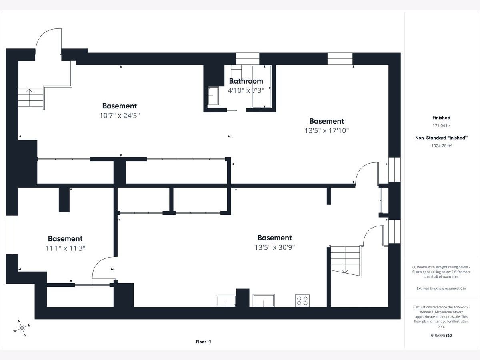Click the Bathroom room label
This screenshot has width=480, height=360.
(246, 81)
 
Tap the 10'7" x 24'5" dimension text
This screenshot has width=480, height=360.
(120, 116)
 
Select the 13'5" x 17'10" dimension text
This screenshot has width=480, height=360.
(327, 130)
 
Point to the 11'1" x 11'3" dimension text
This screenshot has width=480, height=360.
(65, 248)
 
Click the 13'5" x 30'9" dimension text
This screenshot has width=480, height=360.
(275, 247)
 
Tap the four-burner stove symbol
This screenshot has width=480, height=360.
(302, 300)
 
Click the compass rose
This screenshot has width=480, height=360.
(22, 328)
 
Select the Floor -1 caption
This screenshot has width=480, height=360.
(203, 342)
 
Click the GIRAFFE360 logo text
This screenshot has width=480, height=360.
(441, 336)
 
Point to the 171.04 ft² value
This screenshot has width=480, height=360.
(441, 126)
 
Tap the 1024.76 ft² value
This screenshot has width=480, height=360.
(441, 146)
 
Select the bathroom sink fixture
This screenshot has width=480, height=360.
(213, 96)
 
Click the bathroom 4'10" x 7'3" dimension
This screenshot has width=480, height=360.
(246, 90)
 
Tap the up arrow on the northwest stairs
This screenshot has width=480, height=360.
(29, 98)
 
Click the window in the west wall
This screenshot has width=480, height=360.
(12, 235)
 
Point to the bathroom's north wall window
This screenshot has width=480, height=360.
(247, 59)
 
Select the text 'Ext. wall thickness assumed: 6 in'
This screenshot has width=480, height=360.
(441, 288)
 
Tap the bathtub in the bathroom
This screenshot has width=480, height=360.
(262, 86)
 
